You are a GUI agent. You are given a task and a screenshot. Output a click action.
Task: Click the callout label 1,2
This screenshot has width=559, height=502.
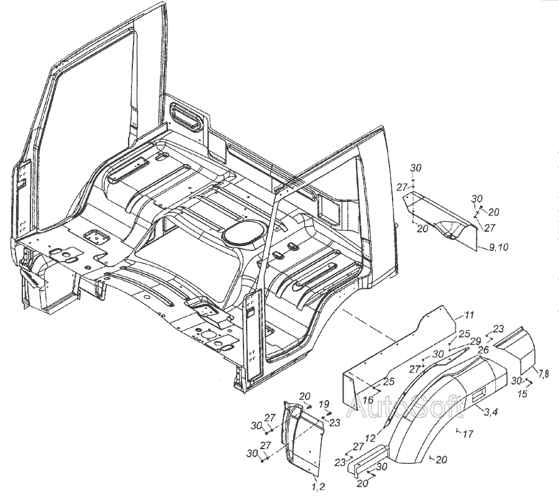click(x=318, y=485)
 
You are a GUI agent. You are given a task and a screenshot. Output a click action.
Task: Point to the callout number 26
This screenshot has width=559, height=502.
click(x=482, y=350)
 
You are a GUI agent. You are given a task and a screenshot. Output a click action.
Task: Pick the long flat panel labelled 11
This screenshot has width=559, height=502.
click(x=398, y=354)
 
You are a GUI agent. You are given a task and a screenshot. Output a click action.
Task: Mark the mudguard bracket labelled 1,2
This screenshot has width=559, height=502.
click(x=303, y=435)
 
